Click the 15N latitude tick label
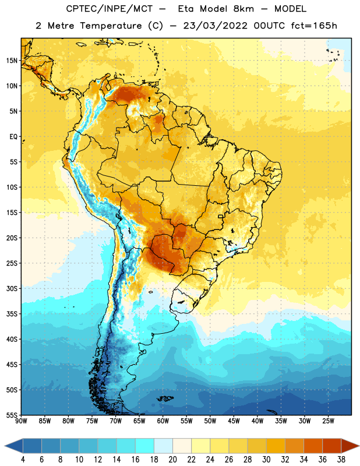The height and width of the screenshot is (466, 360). point(12,61)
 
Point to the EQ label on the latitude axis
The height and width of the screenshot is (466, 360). point(13,137)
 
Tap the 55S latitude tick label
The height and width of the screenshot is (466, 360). point(12,415)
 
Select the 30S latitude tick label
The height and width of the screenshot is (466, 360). point(12,288)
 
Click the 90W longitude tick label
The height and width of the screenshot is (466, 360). point(21,421)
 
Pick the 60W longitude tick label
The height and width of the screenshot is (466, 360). point(163,421)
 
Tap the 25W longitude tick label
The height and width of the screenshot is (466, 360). point(328,421)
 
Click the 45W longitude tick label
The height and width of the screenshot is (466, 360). point(234,421)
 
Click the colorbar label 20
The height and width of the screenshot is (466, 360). point(172,460)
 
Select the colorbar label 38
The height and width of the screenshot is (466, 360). point(341,460)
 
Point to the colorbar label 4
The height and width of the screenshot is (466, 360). point(23,460)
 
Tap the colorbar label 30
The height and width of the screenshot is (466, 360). point(266,460)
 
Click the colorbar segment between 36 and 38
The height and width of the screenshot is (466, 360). point(332,446)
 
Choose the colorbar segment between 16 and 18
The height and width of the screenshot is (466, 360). point(144,446)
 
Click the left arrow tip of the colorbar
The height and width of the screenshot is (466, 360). point(5,446)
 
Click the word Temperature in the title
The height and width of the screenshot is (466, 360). point(111,26)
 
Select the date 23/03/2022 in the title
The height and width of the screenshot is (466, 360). point(215,26)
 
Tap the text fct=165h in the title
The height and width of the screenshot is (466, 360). point(314,26)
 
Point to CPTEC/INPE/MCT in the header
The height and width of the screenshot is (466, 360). point(110,9)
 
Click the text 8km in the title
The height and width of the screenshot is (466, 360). point(243,9)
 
